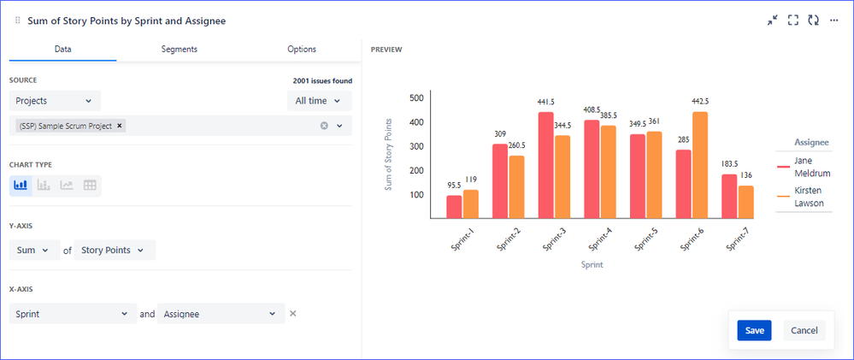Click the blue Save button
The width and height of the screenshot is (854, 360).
(x=754, y=330)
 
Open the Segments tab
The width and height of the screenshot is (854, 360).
(x=179, y=50)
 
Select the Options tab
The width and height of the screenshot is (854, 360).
(x=301, y=50)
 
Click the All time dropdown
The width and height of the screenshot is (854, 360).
(x=318, y=101)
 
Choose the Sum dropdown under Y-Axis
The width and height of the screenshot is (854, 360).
(x=33, y=251)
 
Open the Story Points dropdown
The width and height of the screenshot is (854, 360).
(x=115, y=251)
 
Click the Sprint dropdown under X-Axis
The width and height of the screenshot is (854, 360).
(x=73, y=314)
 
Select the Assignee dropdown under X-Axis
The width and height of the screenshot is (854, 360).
(x=221, y=314)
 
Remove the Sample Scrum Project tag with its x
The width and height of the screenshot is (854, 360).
(x=120, y=126)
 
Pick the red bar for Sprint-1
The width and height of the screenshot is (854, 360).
(x=454, y=207)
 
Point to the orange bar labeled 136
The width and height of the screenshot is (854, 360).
(x=745, y=202)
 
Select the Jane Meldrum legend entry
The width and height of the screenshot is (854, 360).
(x=807, y=167)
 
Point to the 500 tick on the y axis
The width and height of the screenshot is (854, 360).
(x=416, y=97)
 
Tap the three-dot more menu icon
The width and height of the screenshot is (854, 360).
(x=833, y=20)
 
